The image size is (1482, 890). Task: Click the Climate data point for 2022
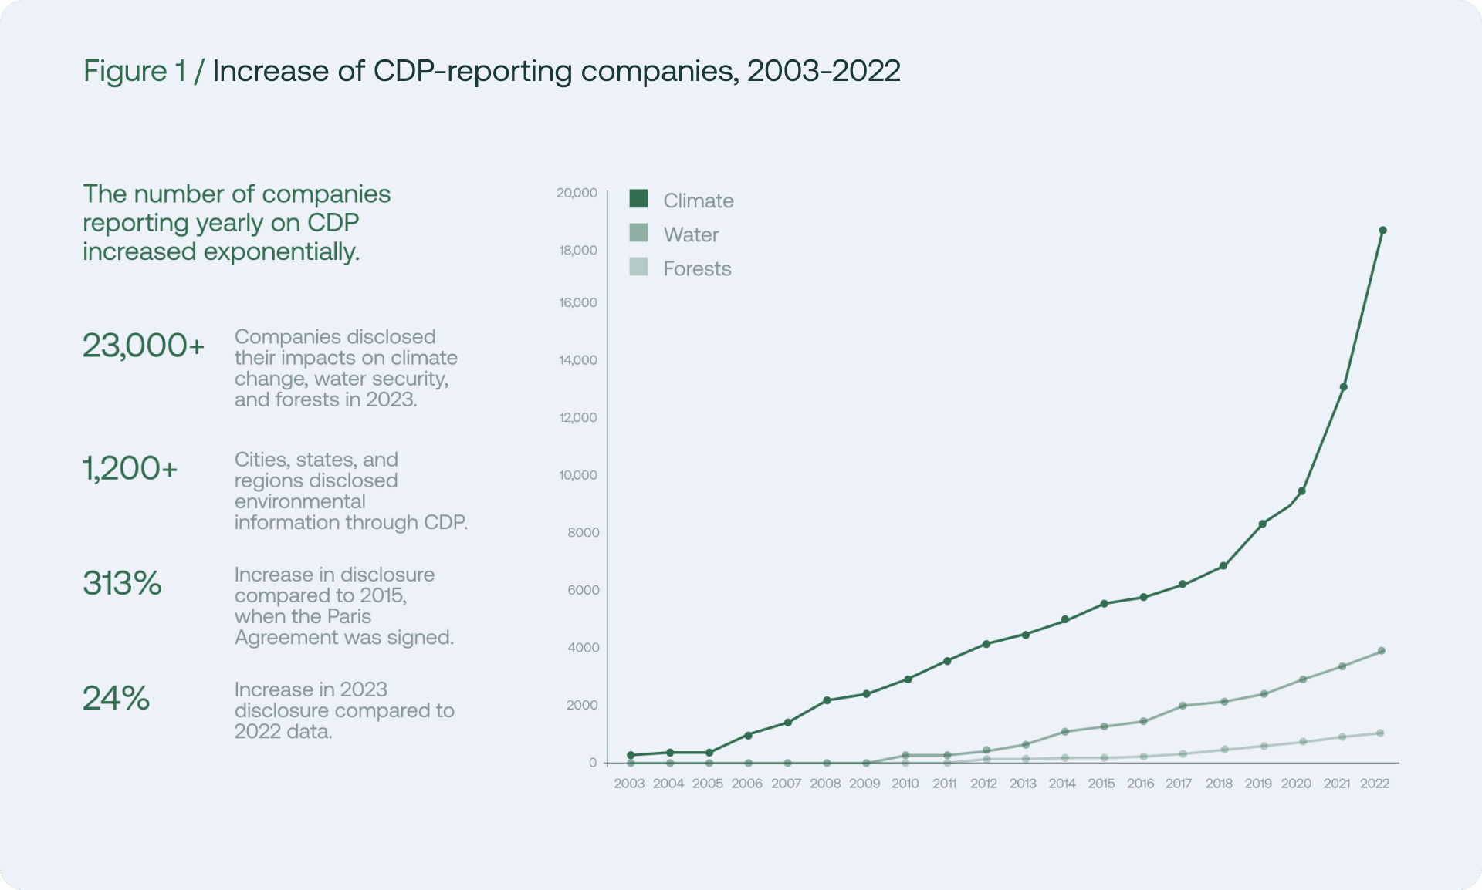tap(1382, 231)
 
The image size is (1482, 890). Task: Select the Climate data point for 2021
tap(1343, 387)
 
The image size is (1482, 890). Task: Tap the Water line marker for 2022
tap(1381, 651)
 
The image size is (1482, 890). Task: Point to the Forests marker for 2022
tap(1380, 733)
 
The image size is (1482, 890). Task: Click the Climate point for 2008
tap(827, 700)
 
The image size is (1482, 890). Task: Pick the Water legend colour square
tap(638, 233)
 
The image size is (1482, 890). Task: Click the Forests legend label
tap(696, 268)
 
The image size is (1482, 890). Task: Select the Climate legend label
tap(698, 201)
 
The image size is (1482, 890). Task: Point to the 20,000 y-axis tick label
tap(577, 193)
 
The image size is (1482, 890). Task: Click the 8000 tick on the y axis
tap(583, 532)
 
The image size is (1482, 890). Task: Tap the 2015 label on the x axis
tap(1101, 784)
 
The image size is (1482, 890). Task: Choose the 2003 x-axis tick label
tap(628, 784)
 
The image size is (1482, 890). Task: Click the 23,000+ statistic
tap(144, 346)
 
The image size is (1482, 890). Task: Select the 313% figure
tap(122, 583)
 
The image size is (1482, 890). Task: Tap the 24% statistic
tap(116, 698)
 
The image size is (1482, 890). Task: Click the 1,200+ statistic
tap(130, 468)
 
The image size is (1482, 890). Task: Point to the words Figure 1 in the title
tap(134, 71)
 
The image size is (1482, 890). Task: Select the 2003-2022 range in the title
tap(823, 71)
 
